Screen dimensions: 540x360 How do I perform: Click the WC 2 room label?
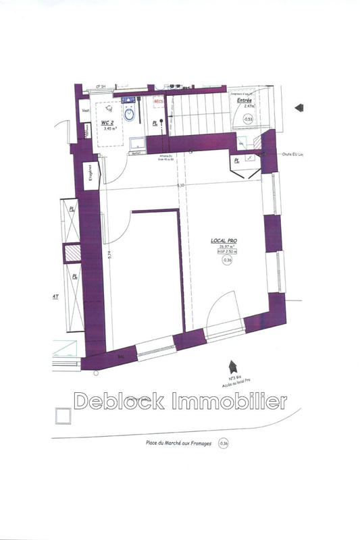107,123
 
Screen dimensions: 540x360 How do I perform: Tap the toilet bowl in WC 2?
132,115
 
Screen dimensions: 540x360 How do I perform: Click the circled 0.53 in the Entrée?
248,119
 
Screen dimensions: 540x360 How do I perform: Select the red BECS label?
159,102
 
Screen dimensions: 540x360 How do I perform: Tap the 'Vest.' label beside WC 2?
86,110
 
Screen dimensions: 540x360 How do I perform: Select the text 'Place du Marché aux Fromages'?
179,443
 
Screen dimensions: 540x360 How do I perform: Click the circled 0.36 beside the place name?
224,443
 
